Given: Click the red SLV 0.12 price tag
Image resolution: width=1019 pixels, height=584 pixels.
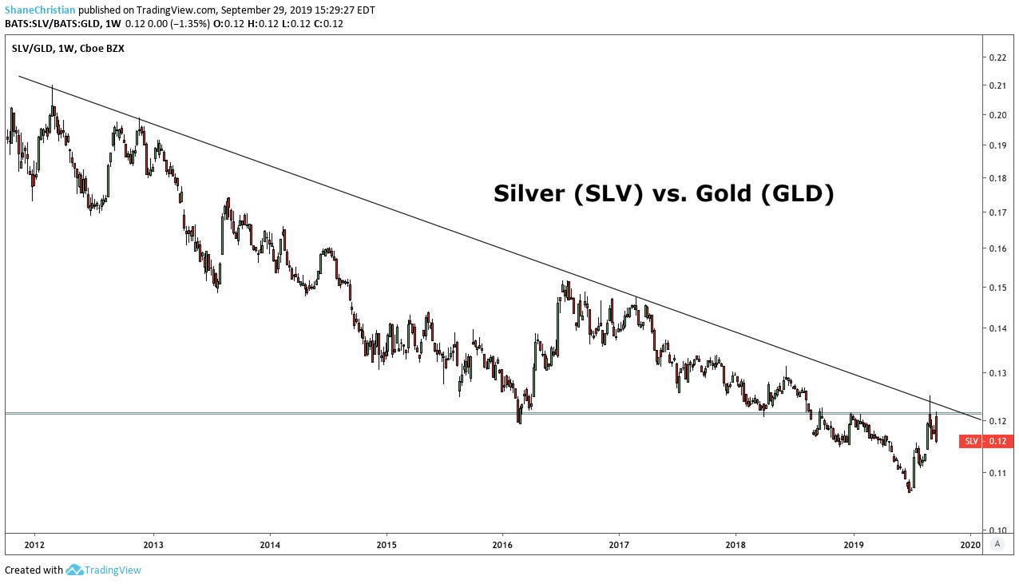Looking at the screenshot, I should pyautogui.click(x=986, y=441).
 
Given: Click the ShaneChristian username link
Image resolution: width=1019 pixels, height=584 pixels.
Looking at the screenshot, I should pyautogui.click(x=40, y=10).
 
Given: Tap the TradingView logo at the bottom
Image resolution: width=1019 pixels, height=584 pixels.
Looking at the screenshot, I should pyautogui.click(x=104, y=570).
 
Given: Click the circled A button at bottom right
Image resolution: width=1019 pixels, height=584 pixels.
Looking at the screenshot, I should pyautogui.click(x=997, y=544).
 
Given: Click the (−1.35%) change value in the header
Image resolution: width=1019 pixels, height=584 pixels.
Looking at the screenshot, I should pyautogui.click(x=186, y=23).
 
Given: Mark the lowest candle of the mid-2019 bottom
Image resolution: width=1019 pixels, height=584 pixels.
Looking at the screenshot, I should pyautogui.click(x=909, y=489).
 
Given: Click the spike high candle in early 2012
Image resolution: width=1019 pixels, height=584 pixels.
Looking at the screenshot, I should pyautogui.click(x=53, y=100).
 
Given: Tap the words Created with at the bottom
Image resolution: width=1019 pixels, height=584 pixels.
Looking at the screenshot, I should pyautogui.click(x=34, y=570).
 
